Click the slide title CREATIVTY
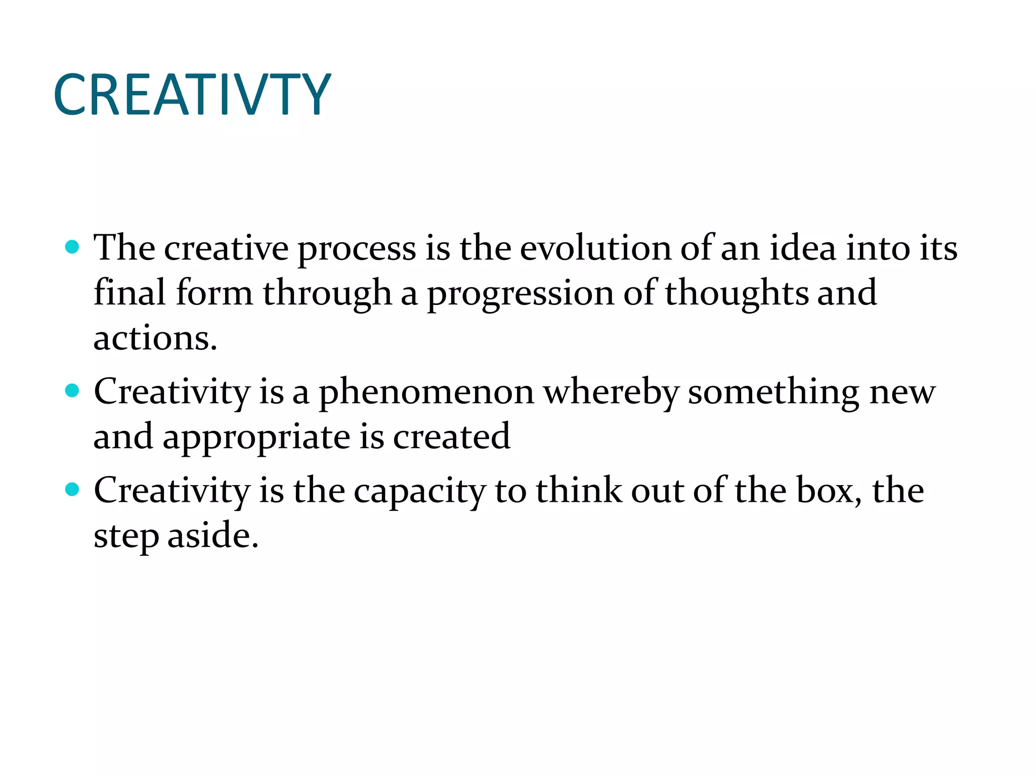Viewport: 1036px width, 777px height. [x=192, y=95]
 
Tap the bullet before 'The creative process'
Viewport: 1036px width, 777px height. [x=73, y=247]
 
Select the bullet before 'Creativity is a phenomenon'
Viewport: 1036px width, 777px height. [x=73, y=391]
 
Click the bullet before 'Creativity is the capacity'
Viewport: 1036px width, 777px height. [x=73, y=489]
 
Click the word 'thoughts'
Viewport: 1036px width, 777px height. [x=737, y=293]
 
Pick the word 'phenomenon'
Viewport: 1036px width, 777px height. [x=426, y=393]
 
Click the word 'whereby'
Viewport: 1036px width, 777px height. [x=611, y=393]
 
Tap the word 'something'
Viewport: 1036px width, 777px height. [x=773, y=393]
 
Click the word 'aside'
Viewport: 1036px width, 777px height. [x=212, y=535]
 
